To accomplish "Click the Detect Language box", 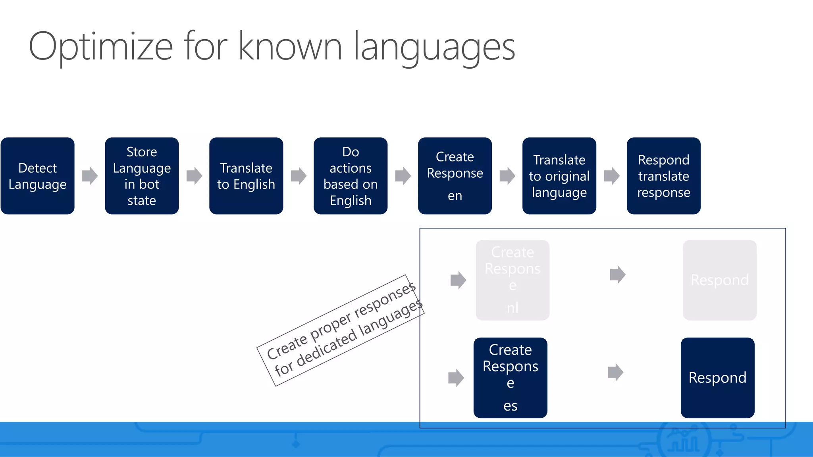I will (x=37, y=176).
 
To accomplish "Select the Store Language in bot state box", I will (x=142, y=176).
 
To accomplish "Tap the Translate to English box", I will (x=246, y=176).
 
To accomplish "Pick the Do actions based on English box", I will (x=351, y=176).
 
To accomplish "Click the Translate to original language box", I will (x=559, y=176).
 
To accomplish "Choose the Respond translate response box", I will (x=663, y=176).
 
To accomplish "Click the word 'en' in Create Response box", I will (x=455, y=196).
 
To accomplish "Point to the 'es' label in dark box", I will (x=510, y=406).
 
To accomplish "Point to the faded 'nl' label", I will (x=512, y=308).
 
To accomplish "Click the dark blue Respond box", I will (x=717, y=378).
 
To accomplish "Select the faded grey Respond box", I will (x=719, y=280).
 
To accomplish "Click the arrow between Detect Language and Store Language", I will (x=90, y=176).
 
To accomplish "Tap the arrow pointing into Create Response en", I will (x=403, y=176).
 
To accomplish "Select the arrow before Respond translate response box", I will (x=611, y=176).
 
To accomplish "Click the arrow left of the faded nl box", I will (x=458, y=280).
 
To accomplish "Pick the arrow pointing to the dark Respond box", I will (x=615, y=372).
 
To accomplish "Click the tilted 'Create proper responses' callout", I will (x=341, y=330).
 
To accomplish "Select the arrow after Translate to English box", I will (x=299, y=176).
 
